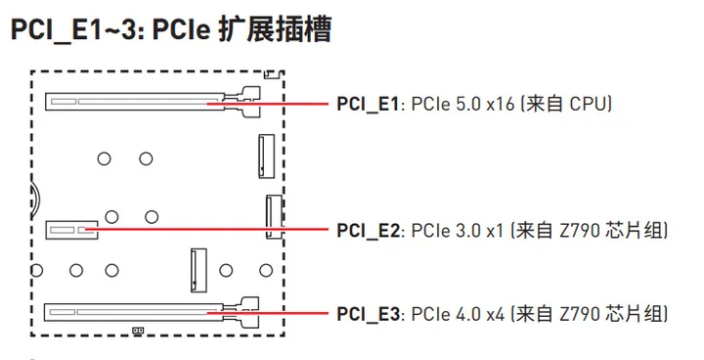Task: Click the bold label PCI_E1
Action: click(x=369, y=103)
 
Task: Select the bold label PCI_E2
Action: click(x=370, y=231)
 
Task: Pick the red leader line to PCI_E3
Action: click(x=293, y=313)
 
